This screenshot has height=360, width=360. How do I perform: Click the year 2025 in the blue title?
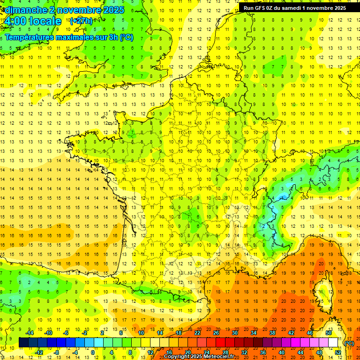coord(114,10)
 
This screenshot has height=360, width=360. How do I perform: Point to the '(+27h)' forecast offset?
coord(81,21)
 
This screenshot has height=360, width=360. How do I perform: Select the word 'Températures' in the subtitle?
coord(29,37)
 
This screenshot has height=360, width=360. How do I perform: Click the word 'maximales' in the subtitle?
coord(75,37)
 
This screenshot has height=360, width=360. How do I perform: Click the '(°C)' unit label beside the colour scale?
coord(349,343)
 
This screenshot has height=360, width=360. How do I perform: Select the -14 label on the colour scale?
coord(30,333)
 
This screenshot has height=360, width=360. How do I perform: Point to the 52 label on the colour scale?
coord(337,352)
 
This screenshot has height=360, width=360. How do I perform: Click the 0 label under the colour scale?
coord(93,352)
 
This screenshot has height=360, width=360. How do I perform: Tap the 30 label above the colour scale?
coord(235,333)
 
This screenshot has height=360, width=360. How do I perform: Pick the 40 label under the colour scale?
coord(281,352)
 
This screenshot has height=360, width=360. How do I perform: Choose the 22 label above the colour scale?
coord(197,333)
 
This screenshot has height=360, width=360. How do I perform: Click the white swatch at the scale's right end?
coord(333,343)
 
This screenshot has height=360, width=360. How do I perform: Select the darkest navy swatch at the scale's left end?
coord(23,343)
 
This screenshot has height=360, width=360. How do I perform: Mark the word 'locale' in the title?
coord(45,21)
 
